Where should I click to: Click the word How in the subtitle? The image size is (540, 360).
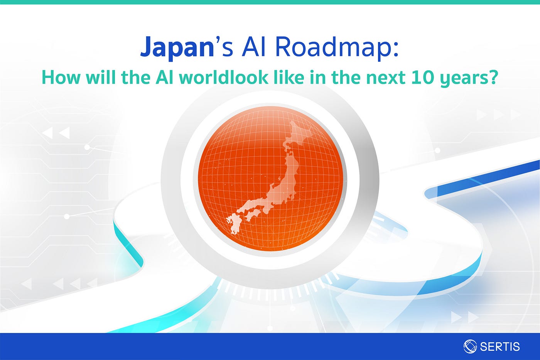coord(61,78)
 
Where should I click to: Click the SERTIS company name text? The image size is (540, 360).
coord(500,346)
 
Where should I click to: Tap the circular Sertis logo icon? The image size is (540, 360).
coord(470,346)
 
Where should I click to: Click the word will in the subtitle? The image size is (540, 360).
coord(101,77)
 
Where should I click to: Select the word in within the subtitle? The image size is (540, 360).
coord(317,78)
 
